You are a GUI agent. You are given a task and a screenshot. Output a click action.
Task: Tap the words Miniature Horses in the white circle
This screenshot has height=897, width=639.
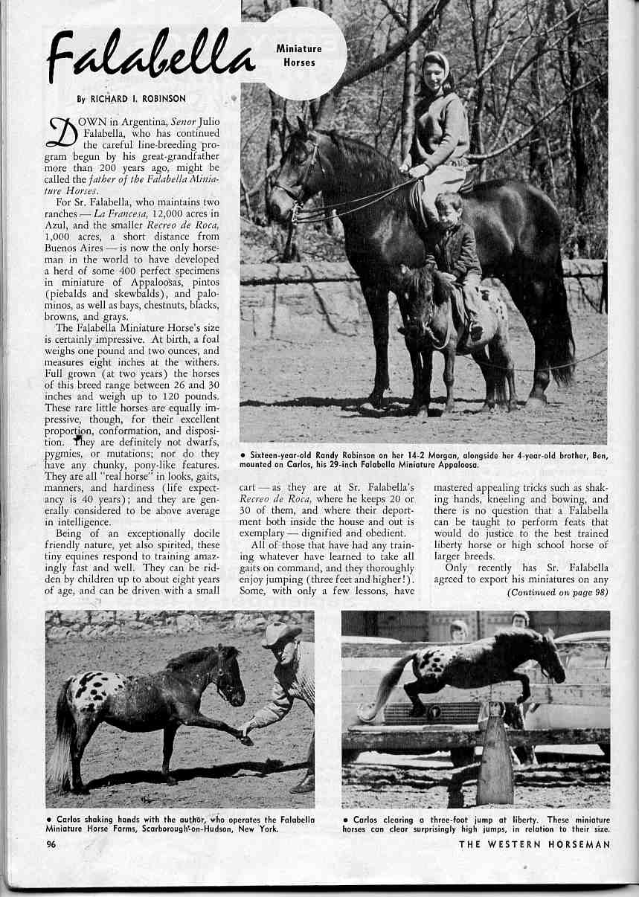point(299,56)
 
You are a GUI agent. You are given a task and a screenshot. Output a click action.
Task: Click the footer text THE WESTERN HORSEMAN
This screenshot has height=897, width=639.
point(534,844)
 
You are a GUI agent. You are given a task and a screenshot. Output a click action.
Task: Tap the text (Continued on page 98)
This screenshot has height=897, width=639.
point(557,593)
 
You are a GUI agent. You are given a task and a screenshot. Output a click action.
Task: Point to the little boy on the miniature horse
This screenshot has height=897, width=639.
point(455,253)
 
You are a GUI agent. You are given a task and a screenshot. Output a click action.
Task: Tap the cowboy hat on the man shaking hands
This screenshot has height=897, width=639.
point(281,634)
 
